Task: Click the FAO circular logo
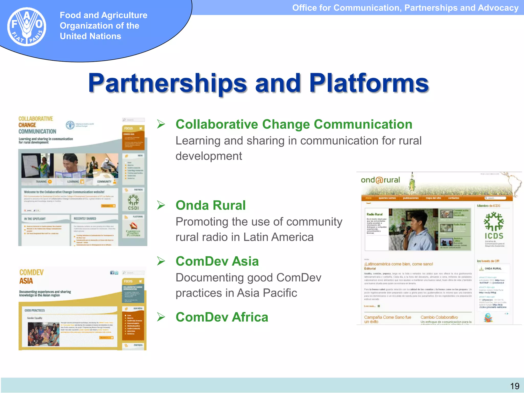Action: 27,27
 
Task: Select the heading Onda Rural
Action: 211,205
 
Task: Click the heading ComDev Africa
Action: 222,317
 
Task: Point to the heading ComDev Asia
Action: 217,261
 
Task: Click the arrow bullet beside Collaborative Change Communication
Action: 161,124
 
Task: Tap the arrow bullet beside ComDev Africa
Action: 161,317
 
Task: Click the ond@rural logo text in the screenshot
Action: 380,180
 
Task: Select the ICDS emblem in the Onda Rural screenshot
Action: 494,225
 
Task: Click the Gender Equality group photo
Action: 43,334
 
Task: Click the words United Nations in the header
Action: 90,36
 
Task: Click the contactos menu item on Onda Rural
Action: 453,198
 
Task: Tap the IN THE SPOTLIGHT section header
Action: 35,219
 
